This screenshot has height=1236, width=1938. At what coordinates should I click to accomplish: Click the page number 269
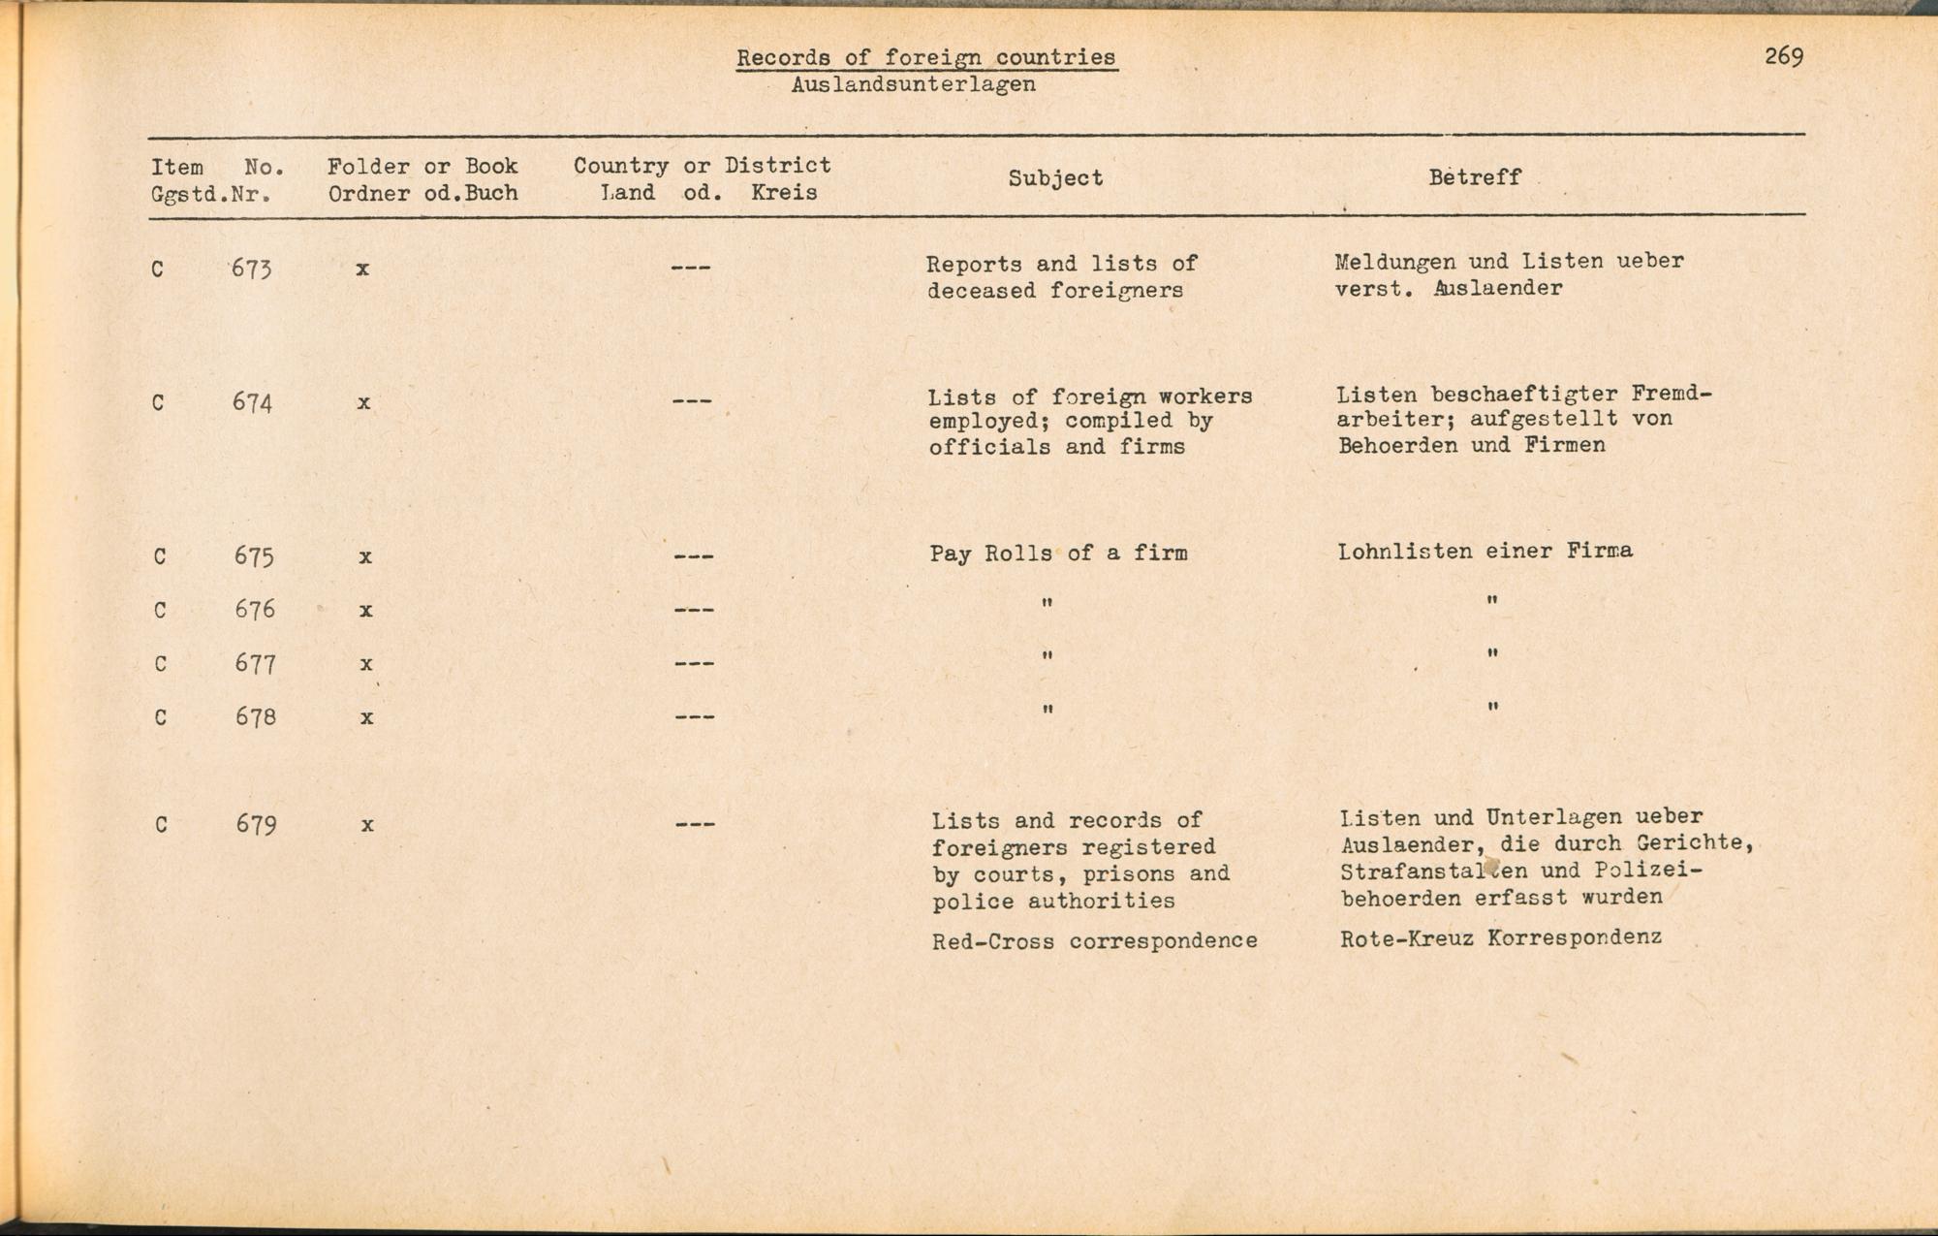(x=1783, y=56)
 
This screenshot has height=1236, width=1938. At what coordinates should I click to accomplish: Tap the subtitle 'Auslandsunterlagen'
(x=913, y=84)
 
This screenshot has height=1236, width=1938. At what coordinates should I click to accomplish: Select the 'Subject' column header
(x=1055, y=177)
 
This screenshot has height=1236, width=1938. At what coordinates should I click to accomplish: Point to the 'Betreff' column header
(x=1474, y=176)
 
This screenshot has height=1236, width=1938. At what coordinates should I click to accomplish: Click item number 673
(x=251, y=269)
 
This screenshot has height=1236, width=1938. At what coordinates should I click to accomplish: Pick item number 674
(x=252, y=401)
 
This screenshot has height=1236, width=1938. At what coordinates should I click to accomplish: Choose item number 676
(x=255, y=610)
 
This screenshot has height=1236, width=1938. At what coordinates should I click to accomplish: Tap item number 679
(x=256, y=825)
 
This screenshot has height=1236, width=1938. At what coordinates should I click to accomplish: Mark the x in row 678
(x=366, y=717)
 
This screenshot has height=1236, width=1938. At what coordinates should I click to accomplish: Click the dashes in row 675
(x=694, y=556)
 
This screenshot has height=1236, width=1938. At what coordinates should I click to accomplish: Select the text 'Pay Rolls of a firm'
(x=1058, y=554)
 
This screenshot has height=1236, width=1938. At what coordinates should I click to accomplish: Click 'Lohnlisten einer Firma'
(x=1485, y=551)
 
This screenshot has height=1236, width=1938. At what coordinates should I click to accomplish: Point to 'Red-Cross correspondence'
(x=1094, y=940)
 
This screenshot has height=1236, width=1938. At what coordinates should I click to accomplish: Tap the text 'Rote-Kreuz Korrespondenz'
(x=1500, y=937)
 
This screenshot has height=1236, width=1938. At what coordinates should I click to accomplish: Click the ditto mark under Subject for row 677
(x=1047, y=656)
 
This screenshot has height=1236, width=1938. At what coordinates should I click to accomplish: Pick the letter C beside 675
(x=160, y=556)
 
